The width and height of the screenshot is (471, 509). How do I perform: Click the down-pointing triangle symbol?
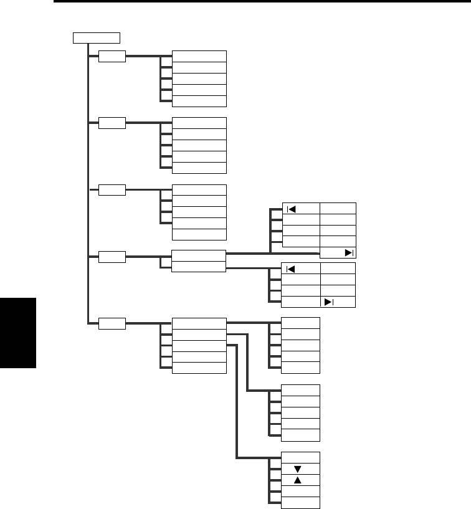click(x=297, y=469)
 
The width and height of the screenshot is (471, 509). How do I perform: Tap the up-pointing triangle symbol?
click(x=297, y=480)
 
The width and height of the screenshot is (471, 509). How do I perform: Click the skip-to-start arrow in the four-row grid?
click(x=290, y=269)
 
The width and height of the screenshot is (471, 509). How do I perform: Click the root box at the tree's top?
click(x=96, y=37)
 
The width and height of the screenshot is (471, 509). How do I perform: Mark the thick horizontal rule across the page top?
click(x=262, y=2)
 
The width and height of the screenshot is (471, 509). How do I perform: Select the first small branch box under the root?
click(x=112, y=56)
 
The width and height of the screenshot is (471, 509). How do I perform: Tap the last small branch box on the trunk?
click(x=112, y=323)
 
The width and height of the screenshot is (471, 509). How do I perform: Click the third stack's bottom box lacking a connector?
click(x=199, y=234)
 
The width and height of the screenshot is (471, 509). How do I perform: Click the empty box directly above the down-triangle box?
click(x=301, y=457)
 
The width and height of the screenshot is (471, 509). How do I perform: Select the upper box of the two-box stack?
click(x=199, y=255)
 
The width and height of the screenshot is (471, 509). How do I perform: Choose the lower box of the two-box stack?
click(x=199, y=266)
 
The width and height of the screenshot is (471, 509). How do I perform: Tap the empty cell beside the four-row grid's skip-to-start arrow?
click(x=338, y=269)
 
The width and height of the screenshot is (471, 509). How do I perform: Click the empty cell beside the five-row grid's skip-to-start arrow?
click(x=338, y=208)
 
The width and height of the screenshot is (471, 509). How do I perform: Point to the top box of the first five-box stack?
click(x=199, y=56)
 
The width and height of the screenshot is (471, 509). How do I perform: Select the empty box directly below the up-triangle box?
click(x=301, y=492)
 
